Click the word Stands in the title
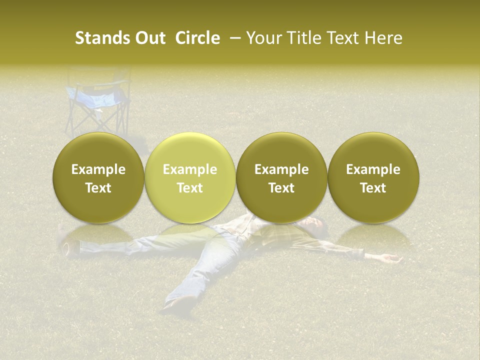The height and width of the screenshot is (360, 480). pyautogui.click(x=99, y=38)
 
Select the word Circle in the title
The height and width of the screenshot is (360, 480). pyautogui.click(x=197, y=38)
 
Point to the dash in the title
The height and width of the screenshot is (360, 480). pyautogui.click(x=233, y=38)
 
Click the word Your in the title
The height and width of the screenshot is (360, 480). pyautogui.click(x=262, y=38)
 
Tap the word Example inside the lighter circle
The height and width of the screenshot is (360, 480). pyautogui.click(x=189, y=169)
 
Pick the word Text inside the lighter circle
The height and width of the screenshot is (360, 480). pyautogui.click(x=189, y=188)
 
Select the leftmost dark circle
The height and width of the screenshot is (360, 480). pyautogui.click(x=98, y=178)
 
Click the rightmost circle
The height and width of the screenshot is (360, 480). pyautogui.click(x=373, y=178)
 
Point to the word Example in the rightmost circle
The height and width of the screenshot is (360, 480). pyautogui.click(x=373, y=169)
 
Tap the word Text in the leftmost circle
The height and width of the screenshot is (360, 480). pyautogui.click(x=98, y=188)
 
